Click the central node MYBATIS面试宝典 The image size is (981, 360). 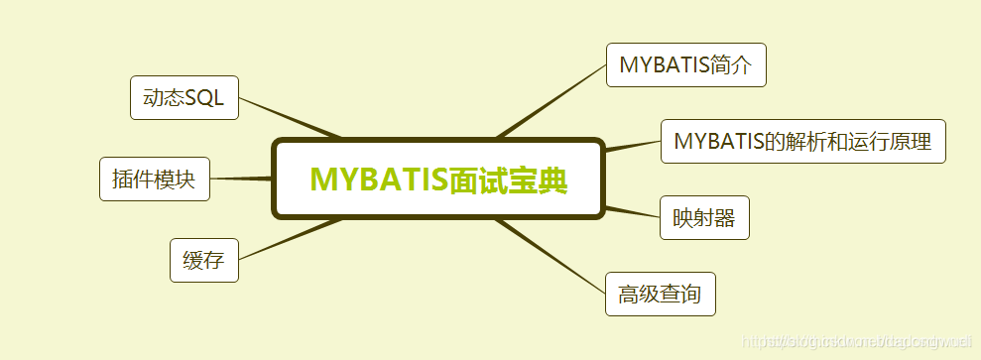[437, 179]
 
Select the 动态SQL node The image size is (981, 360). [184, 97]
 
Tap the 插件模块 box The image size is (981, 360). [155, 179]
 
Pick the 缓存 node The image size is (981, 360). [203, 261]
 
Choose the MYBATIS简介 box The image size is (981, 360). [685, 65]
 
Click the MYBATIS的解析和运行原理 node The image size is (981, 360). [803, 141]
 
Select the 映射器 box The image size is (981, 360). [704, 218]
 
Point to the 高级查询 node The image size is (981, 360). [660, 295]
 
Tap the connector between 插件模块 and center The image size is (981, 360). [240, 179]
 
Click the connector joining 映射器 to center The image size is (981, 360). [632, 210]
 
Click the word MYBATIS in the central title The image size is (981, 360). [378, 180]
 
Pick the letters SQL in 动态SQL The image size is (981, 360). [205, 97]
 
